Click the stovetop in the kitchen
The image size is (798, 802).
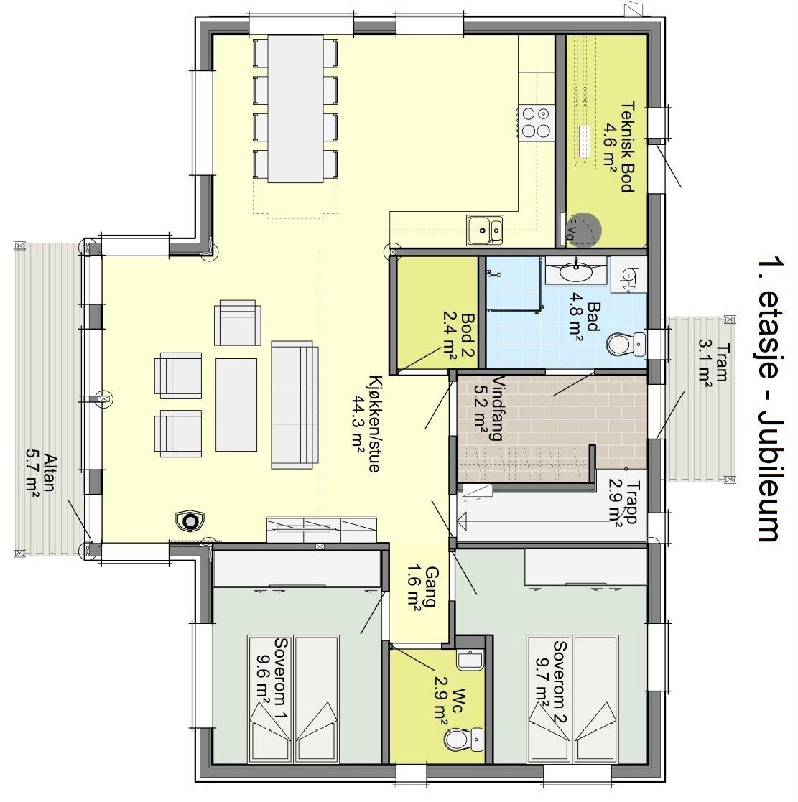coord(536,122)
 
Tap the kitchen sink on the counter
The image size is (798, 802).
coord(484,230)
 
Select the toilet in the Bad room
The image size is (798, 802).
coord(626,344)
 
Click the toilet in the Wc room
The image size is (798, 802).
coord(464,739)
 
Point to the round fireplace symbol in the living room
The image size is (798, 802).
coord(190,521)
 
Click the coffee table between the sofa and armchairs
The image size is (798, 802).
coord(236,404)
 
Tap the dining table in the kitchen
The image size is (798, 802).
coord(296,108)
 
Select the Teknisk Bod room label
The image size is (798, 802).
coord(618,146)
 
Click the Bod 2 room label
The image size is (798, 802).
coord(459,335)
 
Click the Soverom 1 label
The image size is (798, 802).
coord(273,678)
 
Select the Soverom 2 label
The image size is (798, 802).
coord(552,682)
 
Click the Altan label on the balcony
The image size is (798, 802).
coord(41,472)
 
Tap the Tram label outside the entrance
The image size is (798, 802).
coord(713,363)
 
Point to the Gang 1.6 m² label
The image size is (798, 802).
coord(424,586)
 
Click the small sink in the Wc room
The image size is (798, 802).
coord(470,660)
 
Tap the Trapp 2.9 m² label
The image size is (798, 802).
coord(623,500)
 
